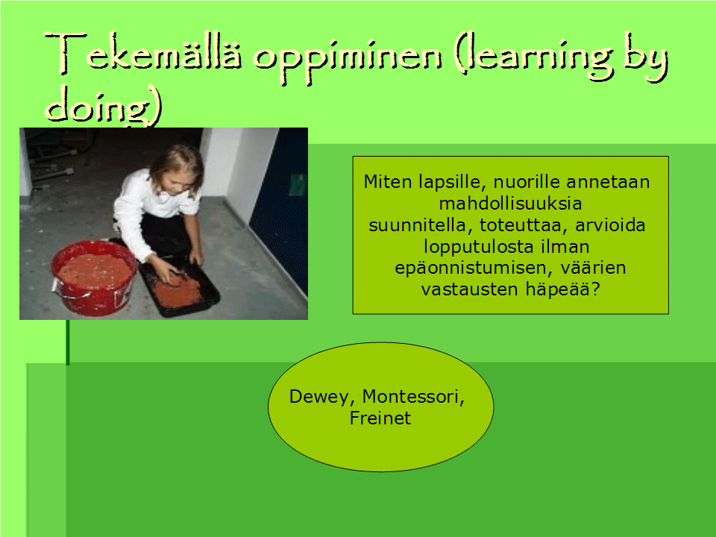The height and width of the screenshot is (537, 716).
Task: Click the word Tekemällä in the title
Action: pyautogui.click(x=143, y=54)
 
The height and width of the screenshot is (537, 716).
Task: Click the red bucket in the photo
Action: pyautogui.click(x=94, y=277)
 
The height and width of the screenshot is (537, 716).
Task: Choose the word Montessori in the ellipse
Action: pyautogui.click(x=413, y=397)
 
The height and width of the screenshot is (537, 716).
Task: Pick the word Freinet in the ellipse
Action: pyautogui.click(x=380, y=418)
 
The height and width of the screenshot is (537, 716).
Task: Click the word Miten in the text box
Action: pyautogui.click(x=388, y=182)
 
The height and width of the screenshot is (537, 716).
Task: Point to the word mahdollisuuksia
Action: pyautogui.click(x=510, y=204)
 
